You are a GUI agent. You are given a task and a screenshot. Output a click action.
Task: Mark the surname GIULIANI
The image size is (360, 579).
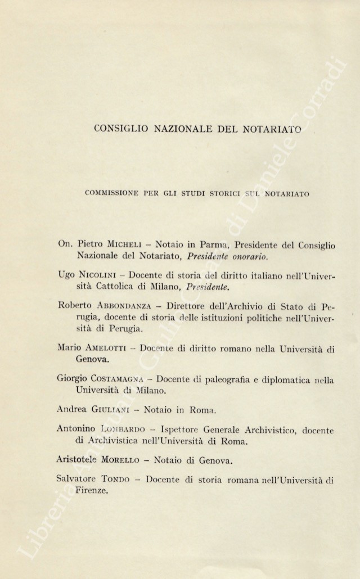click(x=117, y=410)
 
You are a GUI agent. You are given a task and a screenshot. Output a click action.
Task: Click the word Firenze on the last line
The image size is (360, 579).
click(x=91, y=491)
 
